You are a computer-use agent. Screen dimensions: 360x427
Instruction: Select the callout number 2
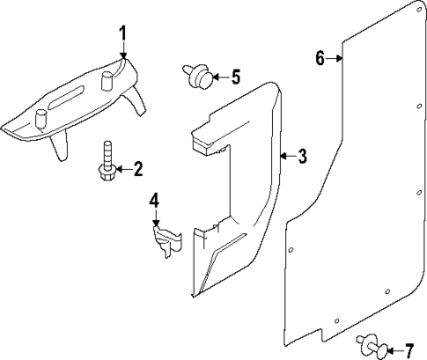(x=138, y=168)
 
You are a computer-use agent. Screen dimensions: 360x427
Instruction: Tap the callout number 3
(x=302, y=158)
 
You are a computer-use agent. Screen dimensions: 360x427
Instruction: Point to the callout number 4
(x=153, y=202)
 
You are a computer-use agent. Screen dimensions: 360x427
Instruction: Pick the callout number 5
(x=235, y=77)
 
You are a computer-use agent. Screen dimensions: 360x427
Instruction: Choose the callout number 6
(x=320, y=59)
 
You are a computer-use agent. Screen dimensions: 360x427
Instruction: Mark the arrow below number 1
(x=123, y=52)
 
